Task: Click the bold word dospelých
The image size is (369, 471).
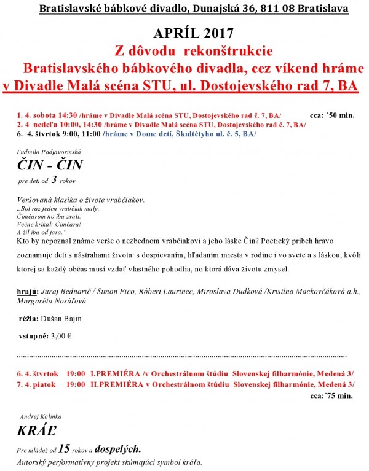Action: pos(120,448)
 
